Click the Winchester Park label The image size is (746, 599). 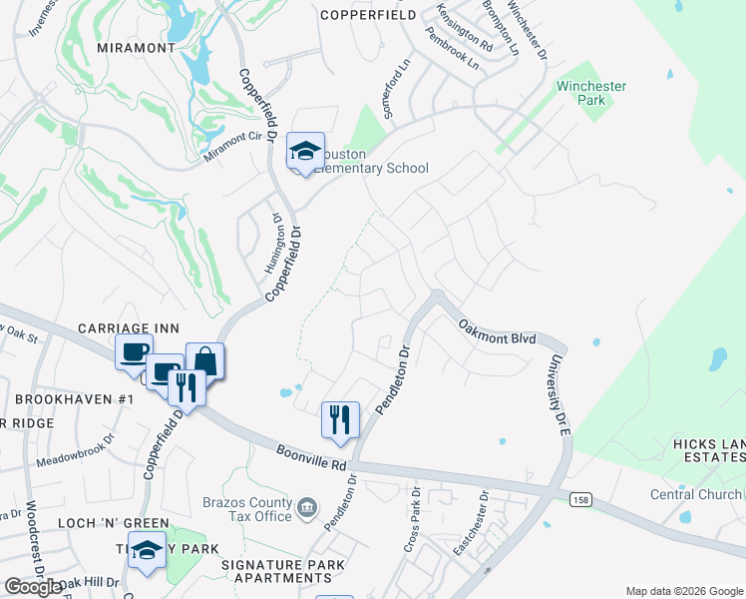(591, 93)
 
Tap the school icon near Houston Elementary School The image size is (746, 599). (305, 153)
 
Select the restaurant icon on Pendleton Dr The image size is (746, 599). (339, 419)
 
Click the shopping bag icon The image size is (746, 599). (204, 360)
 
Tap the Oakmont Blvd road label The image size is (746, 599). (498, 331)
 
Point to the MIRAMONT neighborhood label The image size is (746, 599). (137, 47)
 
